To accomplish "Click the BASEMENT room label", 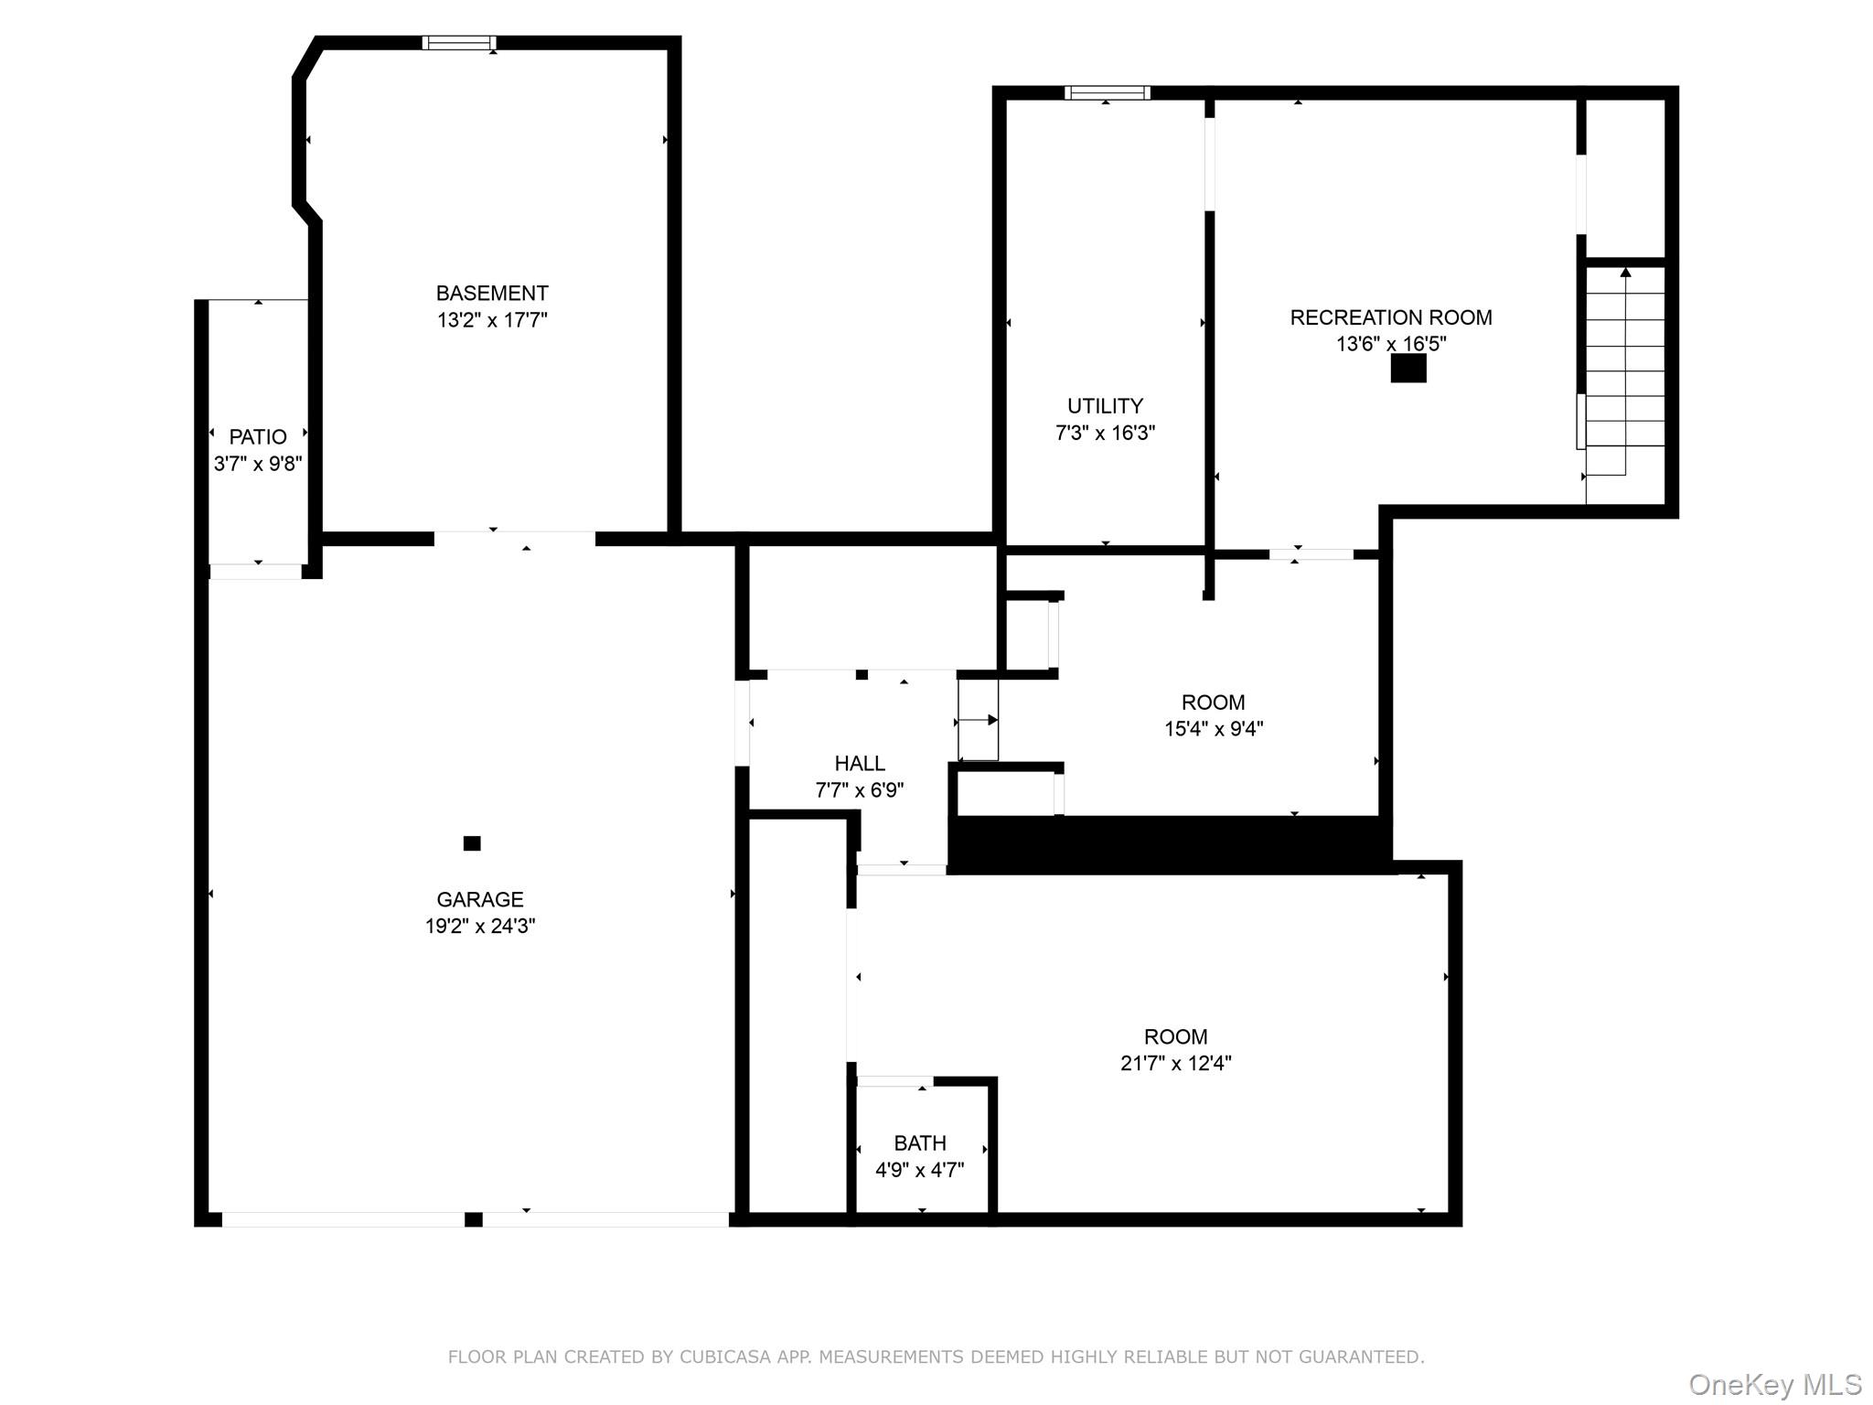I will coord(492,294).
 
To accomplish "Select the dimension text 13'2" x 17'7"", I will coord(492,320).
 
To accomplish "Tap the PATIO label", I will coord(258,437).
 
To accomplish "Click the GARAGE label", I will coord(480,899).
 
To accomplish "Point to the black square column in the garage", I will coord(472,843).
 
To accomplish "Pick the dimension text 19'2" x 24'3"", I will coord(480,926).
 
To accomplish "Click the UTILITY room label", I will coord(1105,406).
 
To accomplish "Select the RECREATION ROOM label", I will coord(1390,317).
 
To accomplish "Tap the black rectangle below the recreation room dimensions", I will coord(1408,369).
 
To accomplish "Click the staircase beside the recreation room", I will coord(1625,375).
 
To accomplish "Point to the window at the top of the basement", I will coord(459,43).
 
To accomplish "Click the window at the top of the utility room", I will coord(1107,92).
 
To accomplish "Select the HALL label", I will coord(860,763).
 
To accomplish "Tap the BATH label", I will coord(920,1143).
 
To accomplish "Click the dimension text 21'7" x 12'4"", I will coord(1176,1063).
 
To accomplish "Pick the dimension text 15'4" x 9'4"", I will coord(1214,729).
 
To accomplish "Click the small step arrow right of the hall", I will coord(979,721).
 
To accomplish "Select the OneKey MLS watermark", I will coord(1774,1385).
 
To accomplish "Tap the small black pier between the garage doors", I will coord(474,1219).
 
